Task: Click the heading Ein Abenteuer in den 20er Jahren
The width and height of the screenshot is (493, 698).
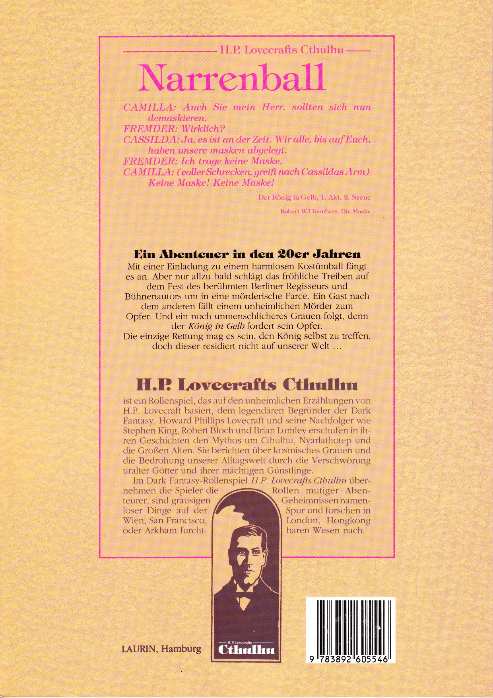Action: [x=246, y=253]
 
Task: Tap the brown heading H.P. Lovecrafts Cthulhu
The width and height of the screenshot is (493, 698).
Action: [x=246, y=384]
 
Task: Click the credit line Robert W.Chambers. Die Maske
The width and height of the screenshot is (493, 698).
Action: [x=325, y=211]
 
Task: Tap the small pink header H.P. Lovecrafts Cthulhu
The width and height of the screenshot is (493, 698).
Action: [x=282, y=51]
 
